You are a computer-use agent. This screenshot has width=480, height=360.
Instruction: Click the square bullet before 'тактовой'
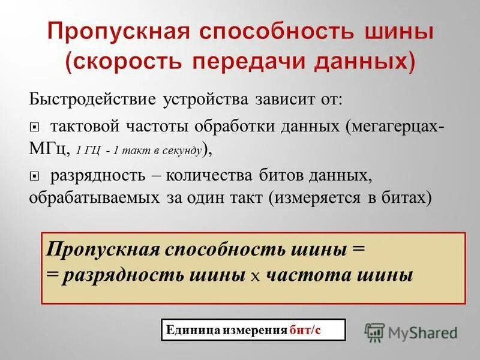pos(34,127)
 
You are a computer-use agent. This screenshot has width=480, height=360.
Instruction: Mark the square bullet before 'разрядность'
pos(34,176)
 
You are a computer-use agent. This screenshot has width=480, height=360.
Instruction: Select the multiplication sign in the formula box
pos(255,275)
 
